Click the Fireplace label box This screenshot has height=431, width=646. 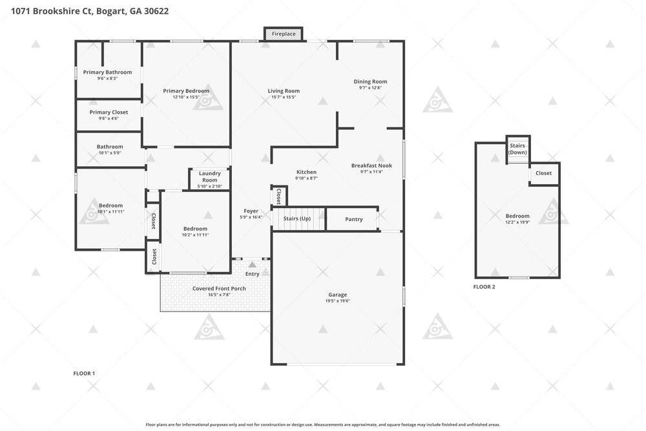point(284,34)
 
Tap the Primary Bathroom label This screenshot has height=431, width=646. point(107,72)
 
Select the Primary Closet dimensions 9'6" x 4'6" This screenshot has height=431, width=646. point(109,119)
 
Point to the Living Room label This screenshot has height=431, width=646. point(284,91)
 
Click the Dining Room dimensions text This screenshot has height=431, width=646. point(370,88)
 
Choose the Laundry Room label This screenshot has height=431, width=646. point(210,177)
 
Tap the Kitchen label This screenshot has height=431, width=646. point(306,173)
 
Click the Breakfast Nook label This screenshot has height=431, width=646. point(371,165)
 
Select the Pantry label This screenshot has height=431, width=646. point(354,219)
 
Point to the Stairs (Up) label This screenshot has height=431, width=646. point(297,218)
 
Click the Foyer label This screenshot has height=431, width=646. point(251,211)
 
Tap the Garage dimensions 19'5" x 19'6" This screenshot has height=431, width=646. point(337,301)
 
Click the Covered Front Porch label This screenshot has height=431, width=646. point(219,288)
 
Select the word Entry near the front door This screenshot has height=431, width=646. point(253,274)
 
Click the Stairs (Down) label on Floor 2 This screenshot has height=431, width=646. point(517,149)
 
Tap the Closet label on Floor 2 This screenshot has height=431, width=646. point(543,173)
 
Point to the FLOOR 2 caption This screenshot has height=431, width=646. point(484,287)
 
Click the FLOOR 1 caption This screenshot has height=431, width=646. point(84,373)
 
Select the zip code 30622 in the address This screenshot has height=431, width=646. point(156,11)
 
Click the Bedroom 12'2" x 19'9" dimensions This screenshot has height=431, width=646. point(517,222)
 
